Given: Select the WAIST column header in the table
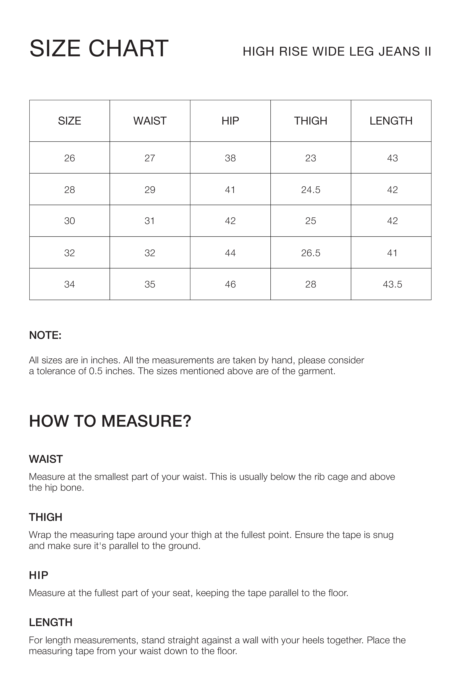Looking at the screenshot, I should tap(150, 121).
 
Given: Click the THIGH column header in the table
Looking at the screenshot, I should tap(310, 121).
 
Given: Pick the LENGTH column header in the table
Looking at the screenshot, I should tap(391, 121).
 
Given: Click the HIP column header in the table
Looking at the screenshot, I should tap(230, 121).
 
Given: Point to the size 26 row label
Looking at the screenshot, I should tap(70, 158).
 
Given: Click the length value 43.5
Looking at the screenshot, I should tap(392, 284).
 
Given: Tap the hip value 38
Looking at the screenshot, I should tap(230, 158).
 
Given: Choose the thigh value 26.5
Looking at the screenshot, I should tap(310, 253).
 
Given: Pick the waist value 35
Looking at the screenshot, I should tap(150, 284).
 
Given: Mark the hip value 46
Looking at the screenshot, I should tap(230, 284).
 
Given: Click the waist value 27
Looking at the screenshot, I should tap(150, 158).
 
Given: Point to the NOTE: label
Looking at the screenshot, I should tap(45, 335).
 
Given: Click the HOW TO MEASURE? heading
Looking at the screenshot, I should tap(110, 421).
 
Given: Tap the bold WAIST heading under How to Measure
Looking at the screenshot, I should tap(46, 459).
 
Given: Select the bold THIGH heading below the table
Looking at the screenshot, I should tap(46, 517).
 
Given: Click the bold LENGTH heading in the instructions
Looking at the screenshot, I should tap(51, 622).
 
